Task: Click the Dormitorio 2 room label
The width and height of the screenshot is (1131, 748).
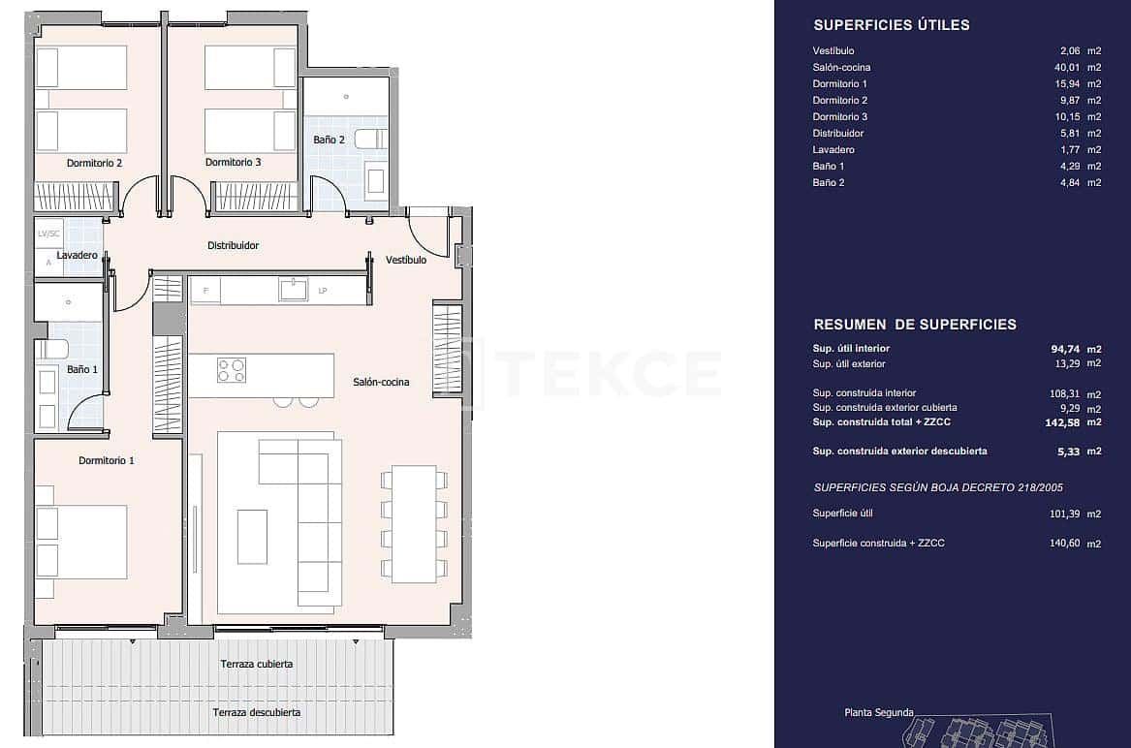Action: pyautogui.click(x=94, y=163)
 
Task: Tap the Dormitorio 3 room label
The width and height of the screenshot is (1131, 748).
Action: pyautogui.click(x=233, y=163)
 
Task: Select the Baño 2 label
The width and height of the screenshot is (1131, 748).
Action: pyautogui.click(x=329, y=140)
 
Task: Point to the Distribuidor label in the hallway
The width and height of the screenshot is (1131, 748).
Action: pyautogui.click(x=233, y=246)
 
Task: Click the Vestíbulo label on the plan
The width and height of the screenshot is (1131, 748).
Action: pyautogui.click(x=405, y=261)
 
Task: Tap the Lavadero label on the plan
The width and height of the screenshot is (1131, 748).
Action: pyautogui.click(x=77, y=256)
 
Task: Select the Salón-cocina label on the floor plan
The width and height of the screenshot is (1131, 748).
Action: pyautogui.click(x=381, y=383)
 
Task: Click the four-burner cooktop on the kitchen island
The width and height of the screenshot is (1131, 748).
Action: pyautogui.click(x=232, y=370)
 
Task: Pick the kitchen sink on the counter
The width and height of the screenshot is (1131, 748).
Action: pyautogui.click(x=293, y=289)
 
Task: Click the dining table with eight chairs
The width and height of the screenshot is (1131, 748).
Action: pyautogui.click(x=414, y=523)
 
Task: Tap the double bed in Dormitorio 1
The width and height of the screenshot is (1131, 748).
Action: pyautogui.click(x=82, y=541)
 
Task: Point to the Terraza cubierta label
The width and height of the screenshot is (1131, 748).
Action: pyautogui.click(x=256, y=665)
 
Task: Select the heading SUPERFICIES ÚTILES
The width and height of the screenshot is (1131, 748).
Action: pyautogui.click(x=891, y=25)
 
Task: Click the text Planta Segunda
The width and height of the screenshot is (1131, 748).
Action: pyautogui.click(x=878, y=713)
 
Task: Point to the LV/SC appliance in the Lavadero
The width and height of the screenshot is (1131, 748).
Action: pyautogui.click(x=49, y=234)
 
